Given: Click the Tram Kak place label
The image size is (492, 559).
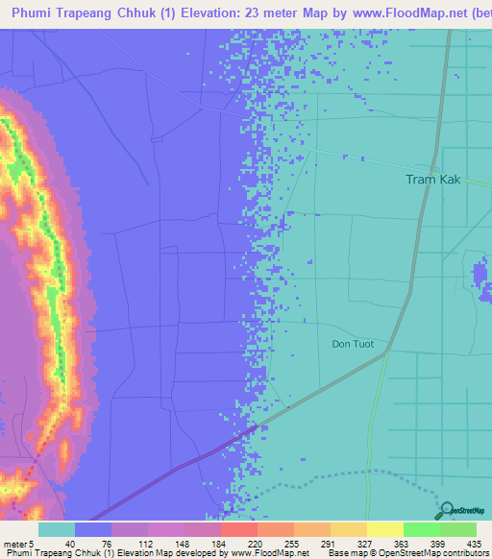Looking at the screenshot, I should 434,180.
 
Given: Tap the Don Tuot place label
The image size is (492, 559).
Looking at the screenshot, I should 352,344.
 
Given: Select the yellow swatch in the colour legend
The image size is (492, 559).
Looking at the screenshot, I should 383,529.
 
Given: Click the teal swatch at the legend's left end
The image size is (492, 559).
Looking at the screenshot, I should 56,529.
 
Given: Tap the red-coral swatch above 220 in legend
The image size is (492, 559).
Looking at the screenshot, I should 237,529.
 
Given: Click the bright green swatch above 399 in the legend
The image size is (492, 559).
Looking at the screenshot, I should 420,529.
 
